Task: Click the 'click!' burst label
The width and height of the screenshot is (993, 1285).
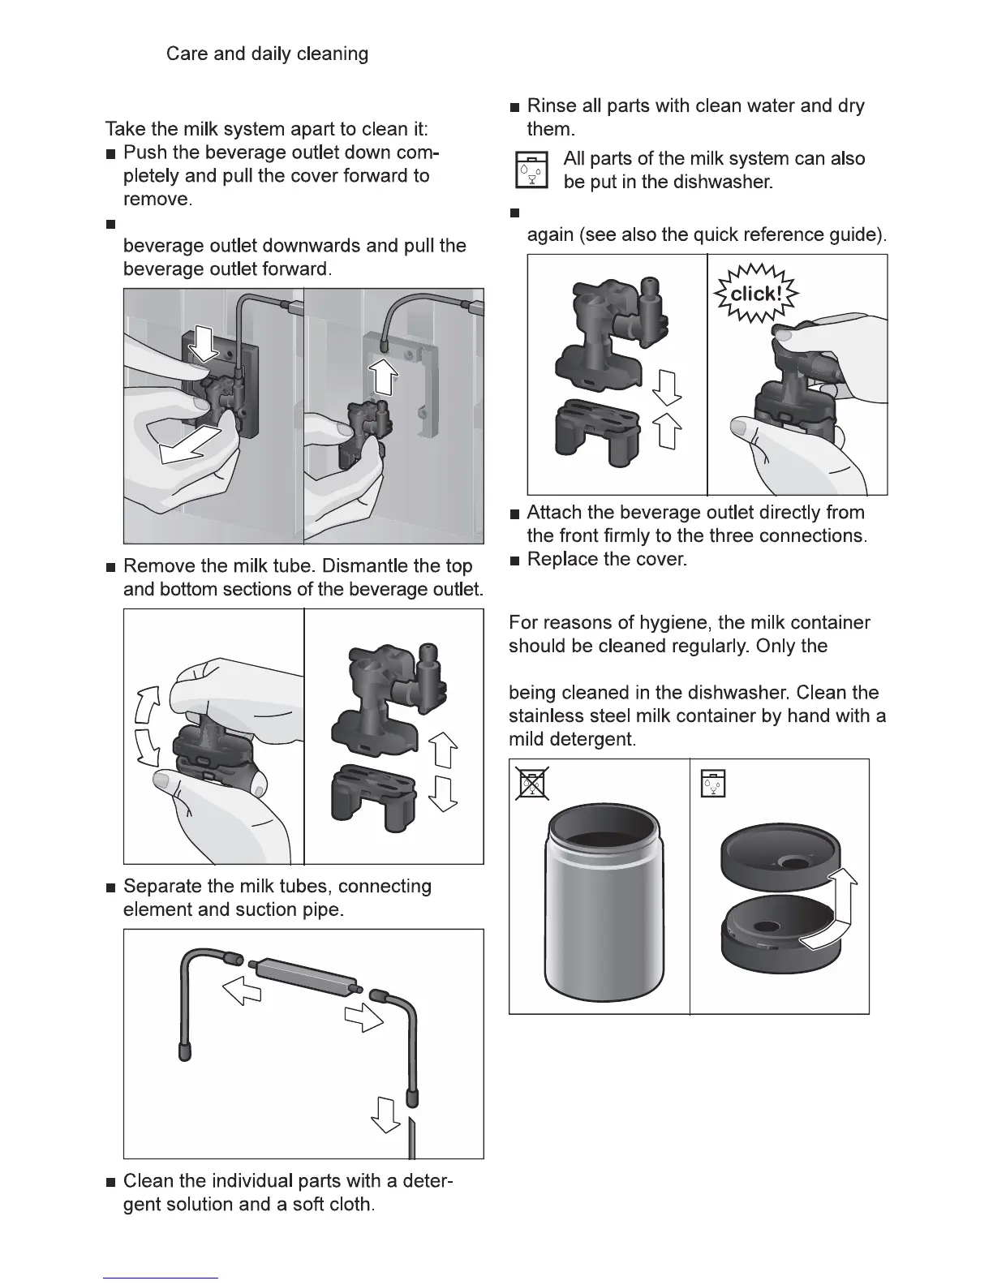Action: [755, 294]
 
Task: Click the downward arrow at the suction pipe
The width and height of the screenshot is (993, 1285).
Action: [385, 1115]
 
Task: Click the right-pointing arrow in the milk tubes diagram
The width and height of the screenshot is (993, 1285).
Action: [363, 1015]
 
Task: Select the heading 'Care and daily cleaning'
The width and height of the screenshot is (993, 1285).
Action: [267, 54]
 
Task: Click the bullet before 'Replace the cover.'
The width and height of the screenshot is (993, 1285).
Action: [514, 561]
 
